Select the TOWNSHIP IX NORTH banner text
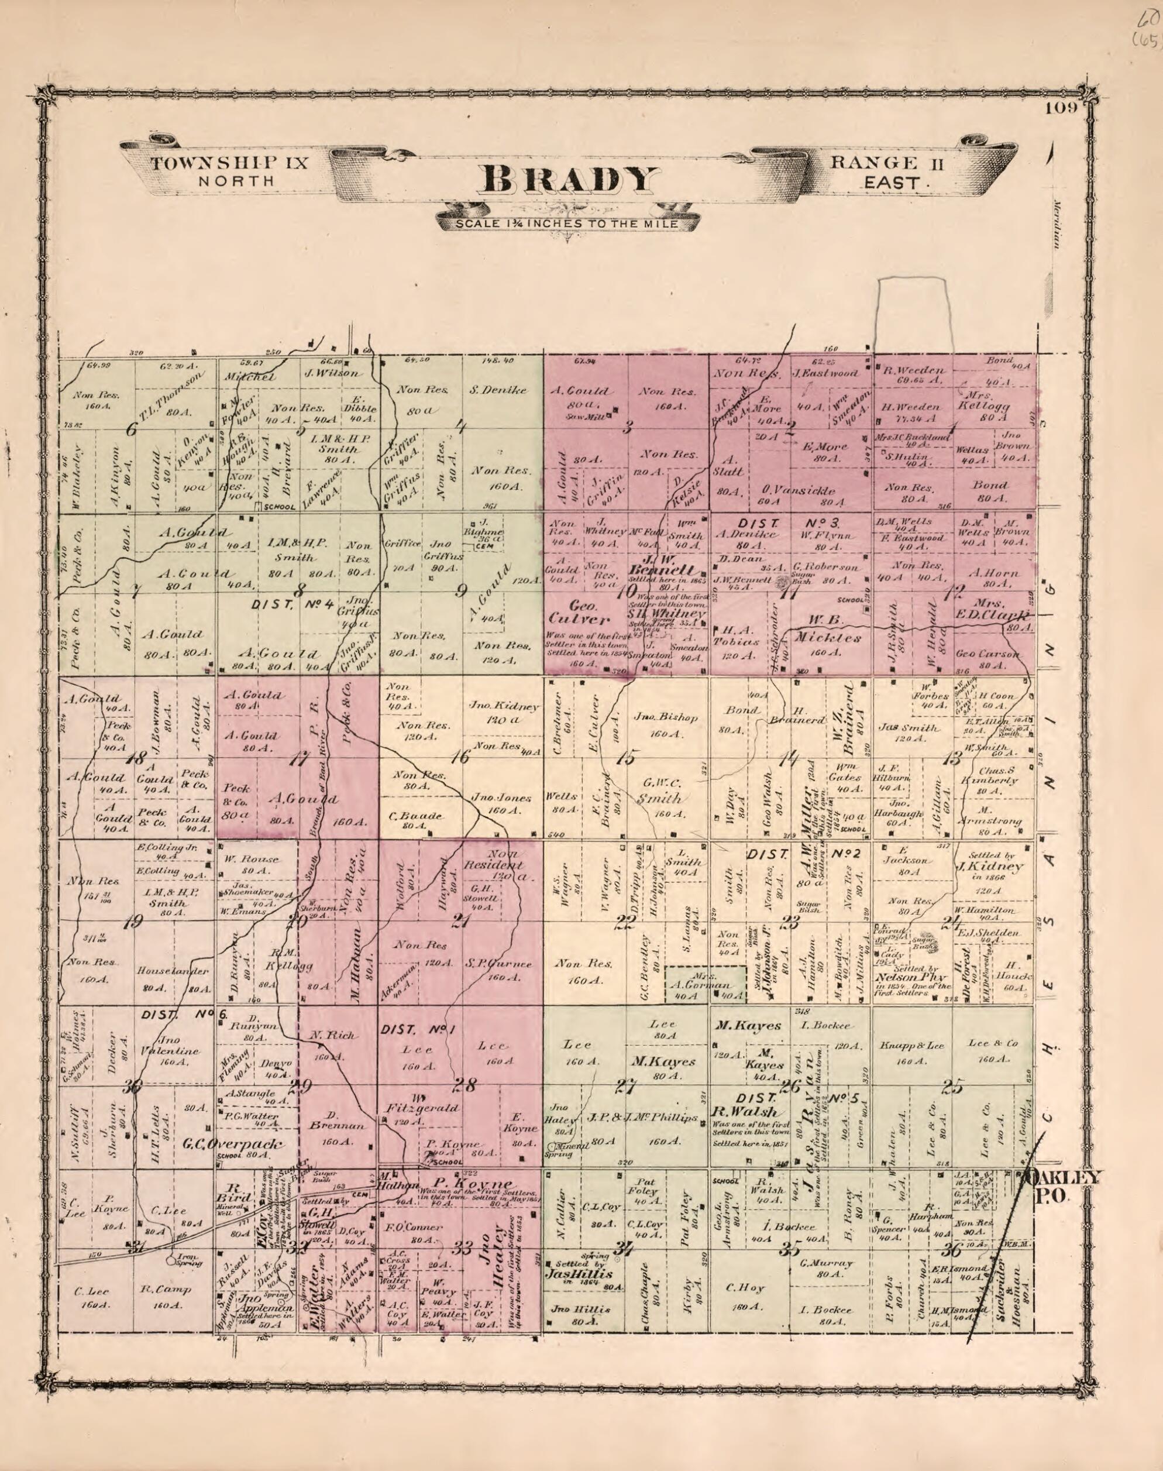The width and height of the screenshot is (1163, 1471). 230,171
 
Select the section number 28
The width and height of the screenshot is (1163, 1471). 468,1085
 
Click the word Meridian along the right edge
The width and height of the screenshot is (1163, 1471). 1058,225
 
